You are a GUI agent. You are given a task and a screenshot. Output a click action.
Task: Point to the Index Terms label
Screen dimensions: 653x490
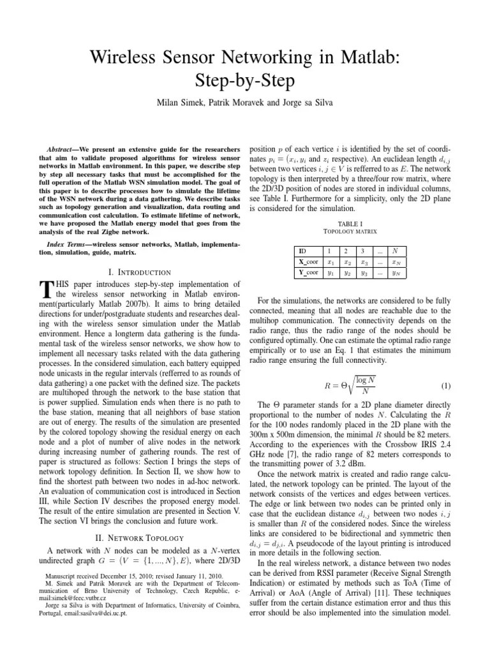(x=67, y=245)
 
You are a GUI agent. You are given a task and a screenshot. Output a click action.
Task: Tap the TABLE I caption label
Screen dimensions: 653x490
(x=352, y=224)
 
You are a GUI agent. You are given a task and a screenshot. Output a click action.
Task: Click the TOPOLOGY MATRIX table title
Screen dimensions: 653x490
(x=352, y=232)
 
